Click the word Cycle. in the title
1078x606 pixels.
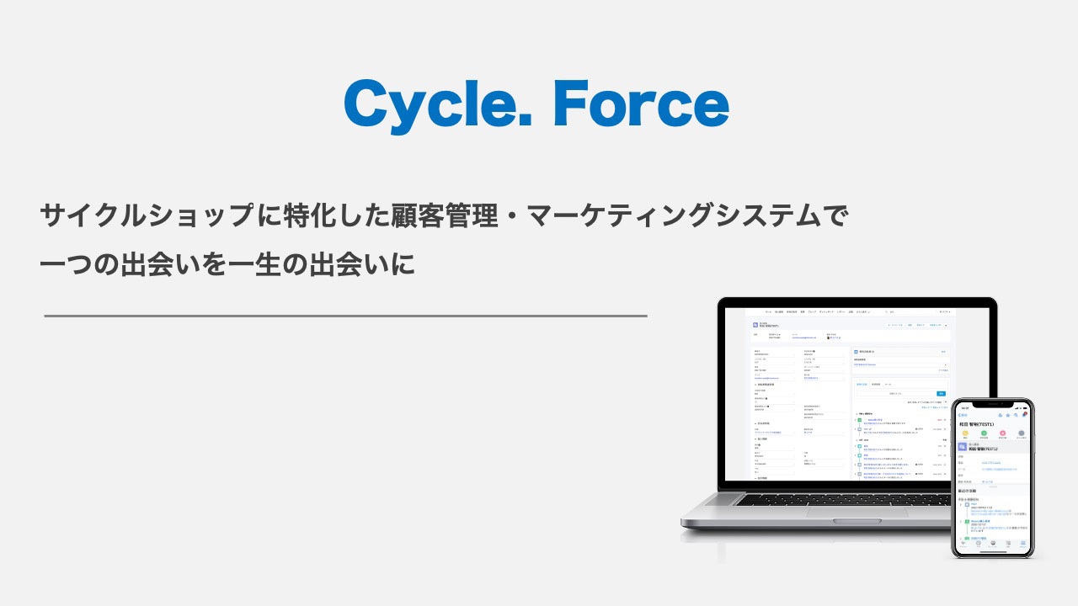[438, 104]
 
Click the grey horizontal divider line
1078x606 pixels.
[345, 316]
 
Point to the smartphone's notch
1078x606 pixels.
[993, 404]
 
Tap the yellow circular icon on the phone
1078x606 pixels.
[966, 433]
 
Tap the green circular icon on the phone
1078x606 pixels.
[984, 433]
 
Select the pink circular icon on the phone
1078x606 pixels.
[1002, 433]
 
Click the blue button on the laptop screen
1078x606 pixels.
[941, 393]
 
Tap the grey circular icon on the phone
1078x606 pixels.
[1021, 433]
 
